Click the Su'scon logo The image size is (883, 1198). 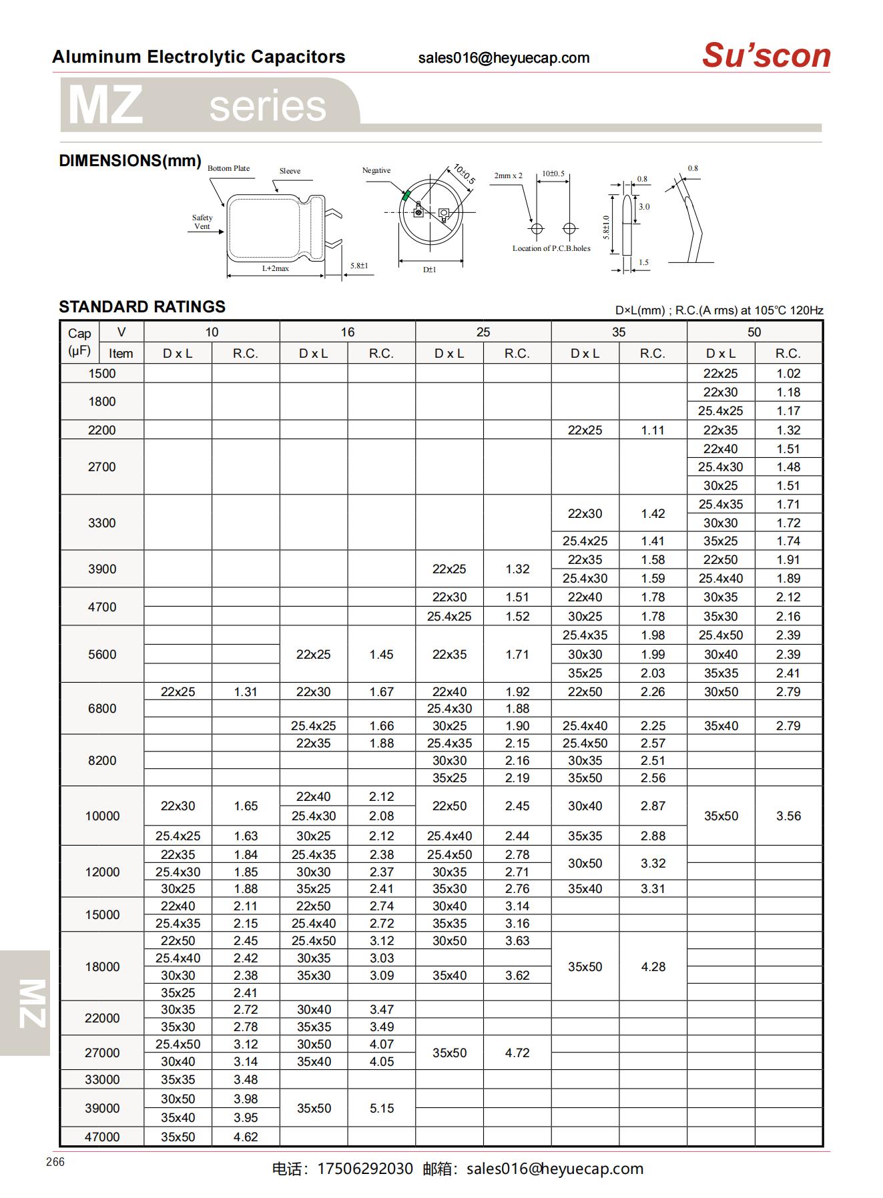pos(766,55)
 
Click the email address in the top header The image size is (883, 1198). pos(503,58)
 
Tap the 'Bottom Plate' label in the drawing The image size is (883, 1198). pos(228,168)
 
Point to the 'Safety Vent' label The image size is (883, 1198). pos(202,222)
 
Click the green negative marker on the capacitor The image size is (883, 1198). pos(405,195)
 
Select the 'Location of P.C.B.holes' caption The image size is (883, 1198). pos(551,248)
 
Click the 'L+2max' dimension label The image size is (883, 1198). pos(275,268)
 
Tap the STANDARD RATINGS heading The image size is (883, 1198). pos(142,307)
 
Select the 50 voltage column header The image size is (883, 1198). pos(754,332)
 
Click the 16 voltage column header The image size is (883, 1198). pos(347,332)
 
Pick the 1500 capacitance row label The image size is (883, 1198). pos(101,374)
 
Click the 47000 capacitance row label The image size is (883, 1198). pos(101,1137)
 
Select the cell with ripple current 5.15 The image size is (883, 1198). pos(381,1108)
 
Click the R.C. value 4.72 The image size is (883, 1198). pos(517,1053)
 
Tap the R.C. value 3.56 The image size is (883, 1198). pos(788,816)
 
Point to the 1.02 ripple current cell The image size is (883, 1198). pos(788,374)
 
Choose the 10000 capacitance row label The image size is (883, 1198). pos(101,816)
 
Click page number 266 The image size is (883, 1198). pos(55,1162)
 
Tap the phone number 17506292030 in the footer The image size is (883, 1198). pos(364,1169)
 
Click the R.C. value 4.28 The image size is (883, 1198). pos(652,966)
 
